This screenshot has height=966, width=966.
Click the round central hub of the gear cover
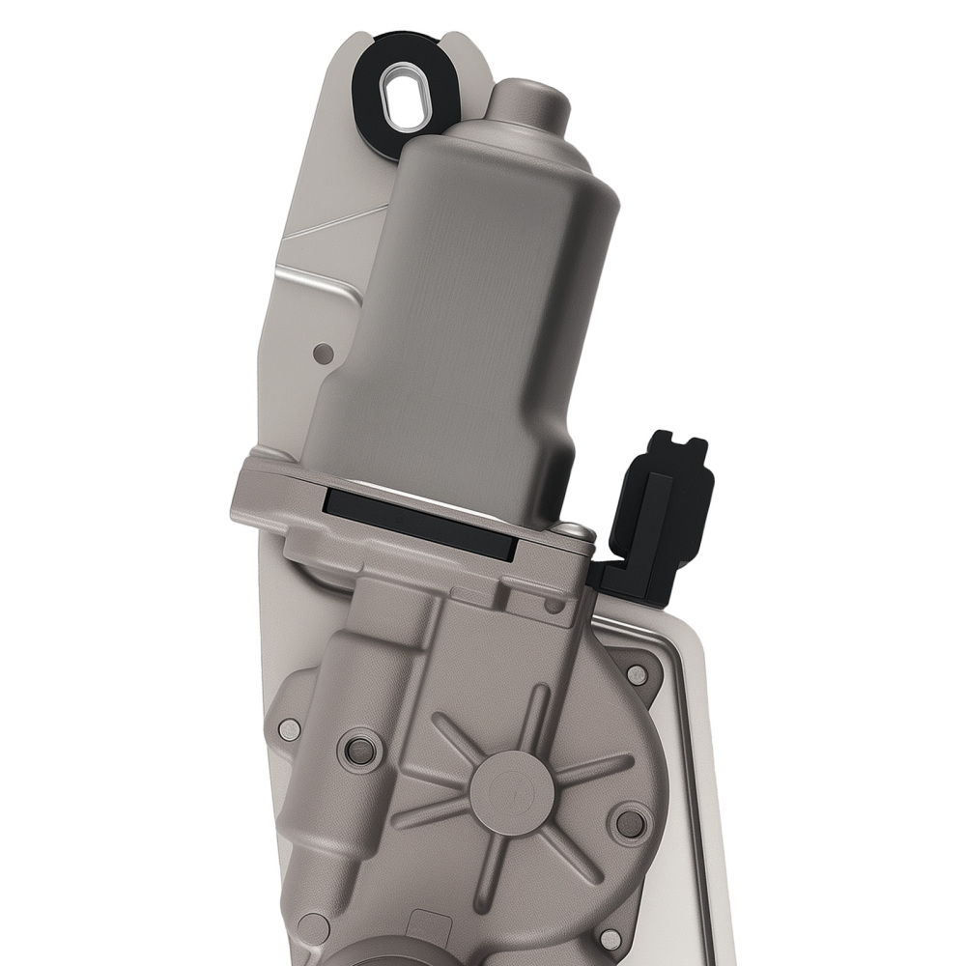click(511, 780)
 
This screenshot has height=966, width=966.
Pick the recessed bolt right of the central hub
click(629, 823)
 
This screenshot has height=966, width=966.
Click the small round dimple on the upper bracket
click(325, 354)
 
